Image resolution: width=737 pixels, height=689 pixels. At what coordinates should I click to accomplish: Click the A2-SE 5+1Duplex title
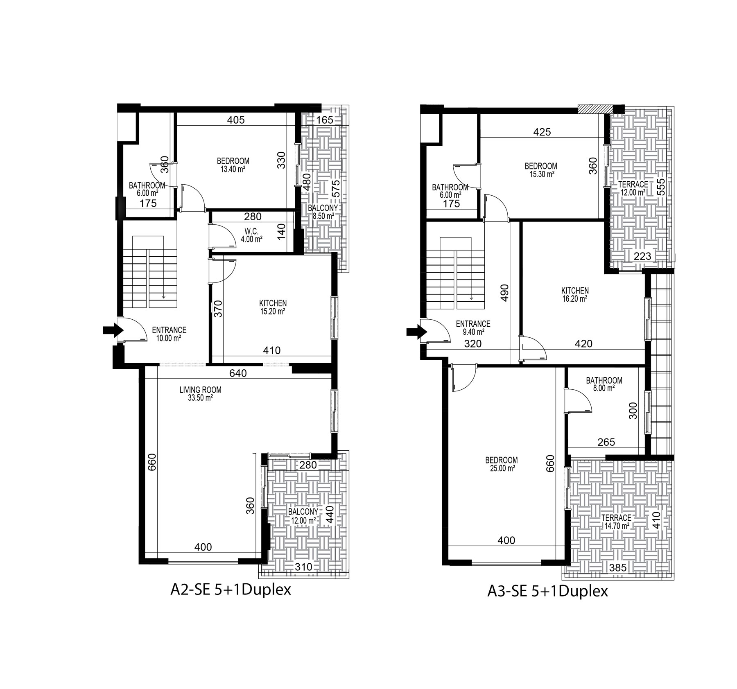pyautogui.click(x=231, y=590)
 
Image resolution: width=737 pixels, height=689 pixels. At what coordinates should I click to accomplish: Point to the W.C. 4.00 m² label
pyautogui.click(x=252, y=235)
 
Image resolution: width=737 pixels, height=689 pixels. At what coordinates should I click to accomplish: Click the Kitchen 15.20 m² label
pyautogui.click(x=273, y=307)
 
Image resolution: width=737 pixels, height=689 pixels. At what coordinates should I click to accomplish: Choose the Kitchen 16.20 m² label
pyautogui.click(x=575, y=294)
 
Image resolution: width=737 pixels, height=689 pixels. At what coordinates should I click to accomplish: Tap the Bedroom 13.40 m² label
pyautogui.click(x=233, y=165)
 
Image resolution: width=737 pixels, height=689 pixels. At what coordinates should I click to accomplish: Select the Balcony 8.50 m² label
pyautogui.click(x=323, y=212)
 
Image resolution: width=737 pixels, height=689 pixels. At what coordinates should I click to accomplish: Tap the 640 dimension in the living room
pyautogui.click(x=238, y=373)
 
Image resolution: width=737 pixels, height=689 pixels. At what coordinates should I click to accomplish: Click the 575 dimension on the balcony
pyautogui.click(x=335, y=189)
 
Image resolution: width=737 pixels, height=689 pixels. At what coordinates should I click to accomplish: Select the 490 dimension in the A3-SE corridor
pyautogui.click(x=504, y=293)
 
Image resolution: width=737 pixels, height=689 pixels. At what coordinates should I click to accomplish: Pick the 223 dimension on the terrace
pyautogui.click(x=642, y=257)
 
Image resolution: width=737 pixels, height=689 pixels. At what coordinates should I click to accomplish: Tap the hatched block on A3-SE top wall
pyautogui.click(x=595, y=109)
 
